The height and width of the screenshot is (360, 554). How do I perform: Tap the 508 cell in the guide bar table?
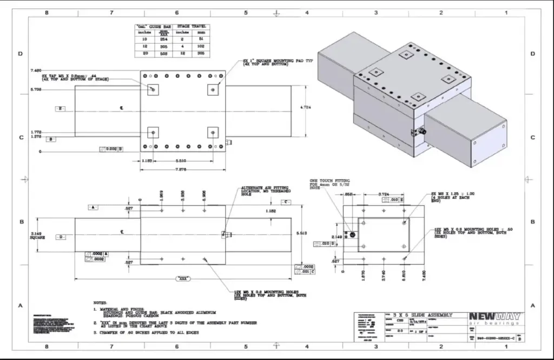pyautogui.click(x=163, y=54)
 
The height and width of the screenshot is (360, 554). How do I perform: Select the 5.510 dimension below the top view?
pyautogui.click(x=182, y=161)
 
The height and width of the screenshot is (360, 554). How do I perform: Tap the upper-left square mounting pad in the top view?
pyautogui.click(x=153, y=89)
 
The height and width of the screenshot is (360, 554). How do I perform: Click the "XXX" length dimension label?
pyautogui.click(x=183, y=279)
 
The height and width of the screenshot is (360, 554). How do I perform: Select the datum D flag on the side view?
pyautogui.click(x=60, y=237)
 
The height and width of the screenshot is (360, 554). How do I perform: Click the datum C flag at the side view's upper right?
pyautogui.click(x=286, y=202)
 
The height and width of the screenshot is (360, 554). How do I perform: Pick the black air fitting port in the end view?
pyautogui.click(x=352, y=235)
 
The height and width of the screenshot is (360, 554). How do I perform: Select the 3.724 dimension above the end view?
pyautogui.click(x=384, y=194)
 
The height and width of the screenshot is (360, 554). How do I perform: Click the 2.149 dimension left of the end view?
pyautogui.click(x=337, y=236)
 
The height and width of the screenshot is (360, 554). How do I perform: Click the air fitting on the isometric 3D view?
pyautogui.click(x=420, y=131)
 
